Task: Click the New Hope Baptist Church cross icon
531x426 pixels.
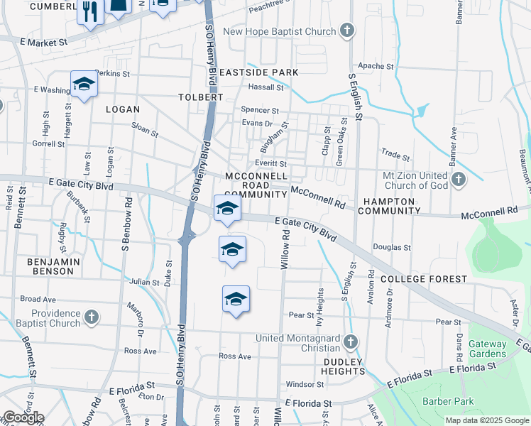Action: (x=346, y=31)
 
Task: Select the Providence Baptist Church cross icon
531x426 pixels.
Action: (x=91, y=317)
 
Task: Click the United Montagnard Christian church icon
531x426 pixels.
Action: (x=349, y=343)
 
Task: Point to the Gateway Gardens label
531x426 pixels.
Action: (x=487, y=349)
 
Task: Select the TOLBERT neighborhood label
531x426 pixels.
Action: (x=200, y=97)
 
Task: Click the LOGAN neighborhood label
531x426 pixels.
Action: (x=122, y=109)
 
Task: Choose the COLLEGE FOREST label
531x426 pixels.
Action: (x=424, y=279)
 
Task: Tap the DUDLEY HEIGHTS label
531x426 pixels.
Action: (x=342, y=366)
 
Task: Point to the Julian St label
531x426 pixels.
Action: (x=144, y=282)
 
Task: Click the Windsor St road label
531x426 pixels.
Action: (x=305, y=384)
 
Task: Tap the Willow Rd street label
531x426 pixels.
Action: (x=285, y=253)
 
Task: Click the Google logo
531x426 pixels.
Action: (x=23, y=417)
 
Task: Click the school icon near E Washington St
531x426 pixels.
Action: (x=84, y=85)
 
